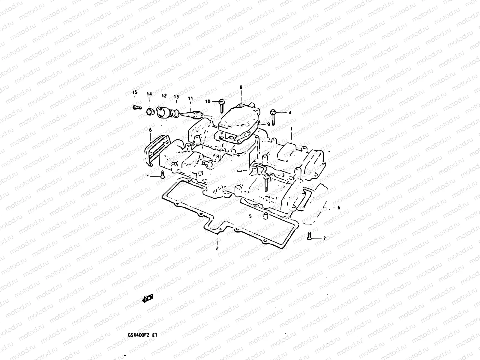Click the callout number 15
click(x=135, y=92)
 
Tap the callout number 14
click(x=149, y=94)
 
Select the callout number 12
click(x=164, y=96)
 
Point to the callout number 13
click(x=176, y=97)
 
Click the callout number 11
click(x=190, y=98)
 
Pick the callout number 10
click(x=208, y=101)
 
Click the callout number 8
click(x=241, y=87)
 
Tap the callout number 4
click(x=290, y=113)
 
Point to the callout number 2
click(x=217, y=248)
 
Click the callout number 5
click(x=250, y=216)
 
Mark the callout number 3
click(x=283, y=175)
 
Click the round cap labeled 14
click(x=150, y=112)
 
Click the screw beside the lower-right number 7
click(x=309, y=236)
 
